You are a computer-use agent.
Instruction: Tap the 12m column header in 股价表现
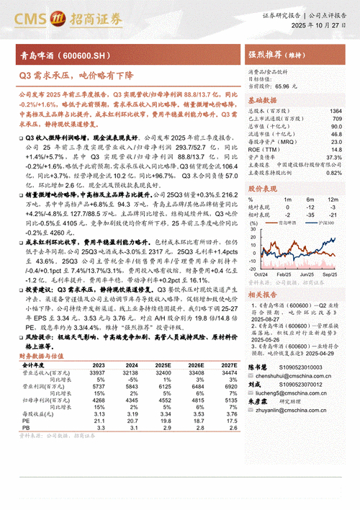(x=332, y=199)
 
